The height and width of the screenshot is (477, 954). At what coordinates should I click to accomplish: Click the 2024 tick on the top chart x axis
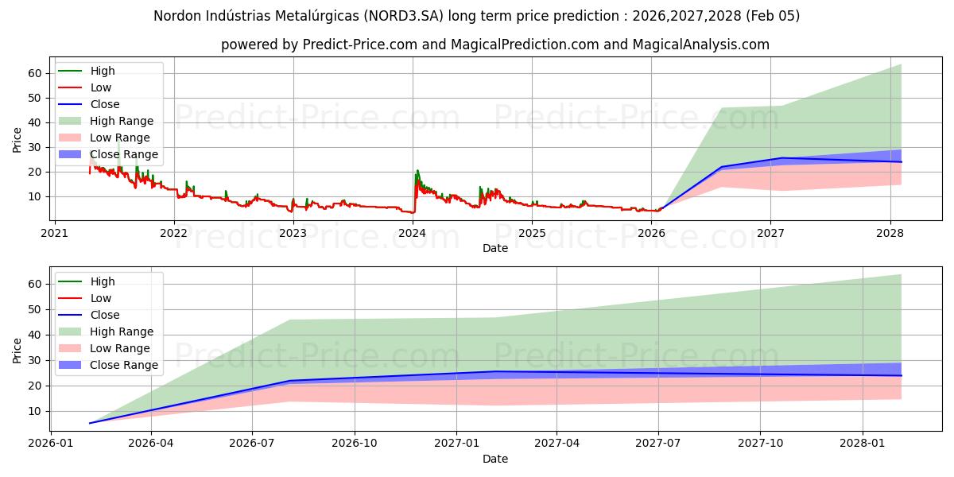[x=413, y=233]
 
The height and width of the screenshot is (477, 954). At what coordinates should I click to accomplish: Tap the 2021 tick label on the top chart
[x=54, y=233]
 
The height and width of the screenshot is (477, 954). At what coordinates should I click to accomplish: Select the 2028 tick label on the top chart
[x=890, y=233]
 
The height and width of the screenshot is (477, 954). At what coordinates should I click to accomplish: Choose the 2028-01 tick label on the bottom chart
[x=863, y=444]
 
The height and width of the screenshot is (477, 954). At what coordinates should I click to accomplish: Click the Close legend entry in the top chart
[x=105, y=104]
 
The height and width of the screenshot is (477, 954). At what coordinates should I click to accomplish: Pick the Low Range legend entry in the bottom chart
[x=120, y=348]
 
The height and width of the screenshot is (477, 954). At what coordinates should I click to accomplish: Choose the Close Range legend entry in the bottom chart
[x=124, y=365]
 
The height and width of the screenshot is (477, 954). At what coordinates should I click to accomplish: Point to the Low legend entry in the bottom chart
[x=101, y=298]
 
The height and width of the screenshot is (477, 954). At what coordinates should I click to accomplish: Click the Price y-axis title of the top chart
[x=17, y=139]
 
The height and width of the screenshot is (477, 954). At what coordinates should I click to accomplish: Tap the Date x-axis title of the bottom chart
[x=495, y=459]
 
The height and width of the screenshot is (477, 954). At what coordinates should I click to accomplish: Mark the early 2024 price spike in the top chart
[x=417, y=172]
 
